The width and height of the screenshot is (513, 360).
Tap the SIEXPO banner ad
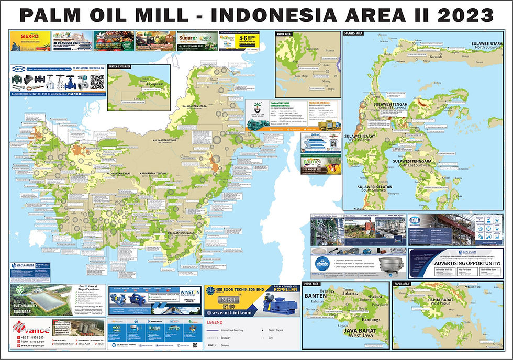coord(30,40)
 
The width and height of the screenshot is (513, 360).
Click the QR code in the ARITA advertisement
coord(97,82)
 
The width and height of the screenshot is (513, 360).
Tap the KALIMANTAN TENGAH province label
coord(155,173)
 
